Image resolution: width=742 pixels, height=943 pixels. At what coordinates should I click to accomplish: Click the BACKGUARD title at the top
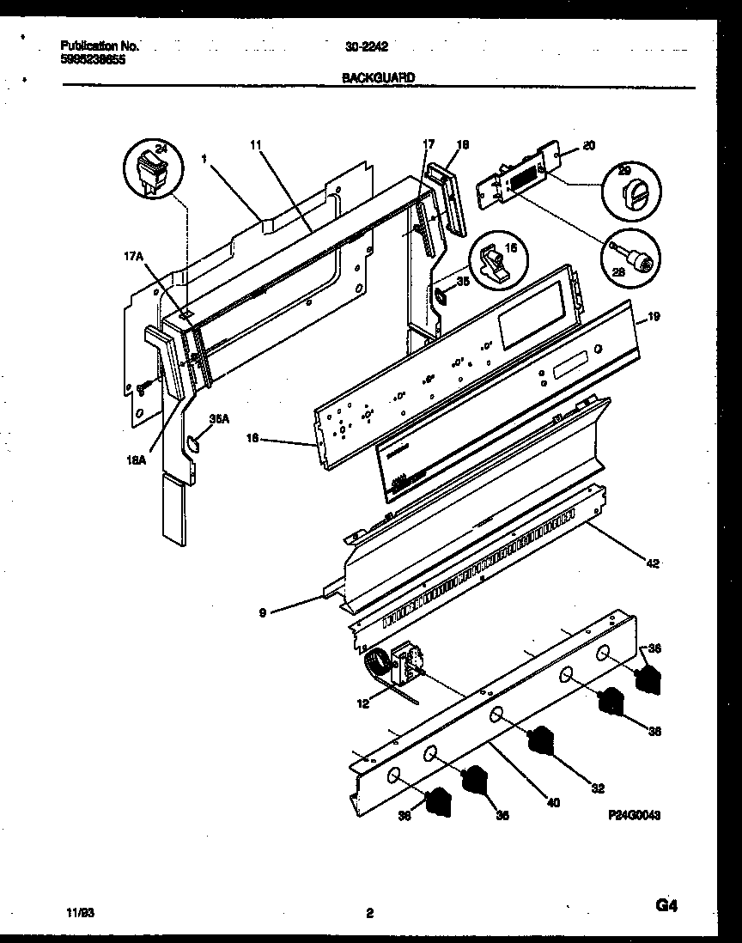[379, 77]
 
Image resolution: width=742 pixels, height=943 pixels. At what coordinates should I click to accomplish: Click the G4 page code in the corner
[666, 907]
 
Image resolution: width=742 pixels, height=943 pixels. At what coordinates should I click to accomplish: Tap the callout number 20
[588, 146]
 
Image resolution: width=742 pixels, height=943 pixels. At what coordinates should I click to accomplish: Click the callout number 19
[654, 316]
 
